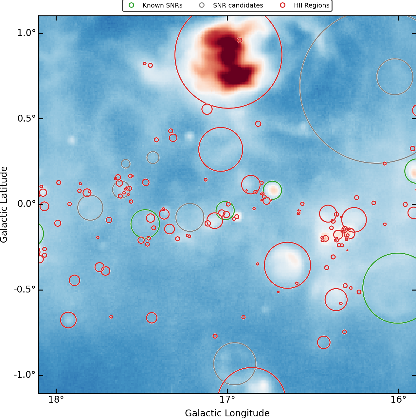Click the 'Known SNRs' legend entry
[162, 6]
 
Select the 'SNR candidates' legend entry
[238, 6]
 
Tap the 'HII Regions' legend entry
[311, 6]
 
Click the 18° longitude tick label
[56, 400]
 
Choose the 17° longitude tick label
[227, 400]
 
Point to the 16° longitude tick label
[398, 400]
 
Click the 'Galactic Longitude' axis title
[227, 413]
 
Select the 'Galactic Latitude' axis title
[4, 204]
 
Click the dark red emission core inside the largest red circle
[229, 52]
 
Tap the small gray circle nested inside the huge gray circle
[395, 77]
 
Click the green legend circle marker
[131, 5]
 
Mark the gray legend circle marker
[202, 5]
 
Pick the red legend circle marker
[282, 5]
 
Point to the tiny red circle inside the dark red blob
[240, 40]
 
